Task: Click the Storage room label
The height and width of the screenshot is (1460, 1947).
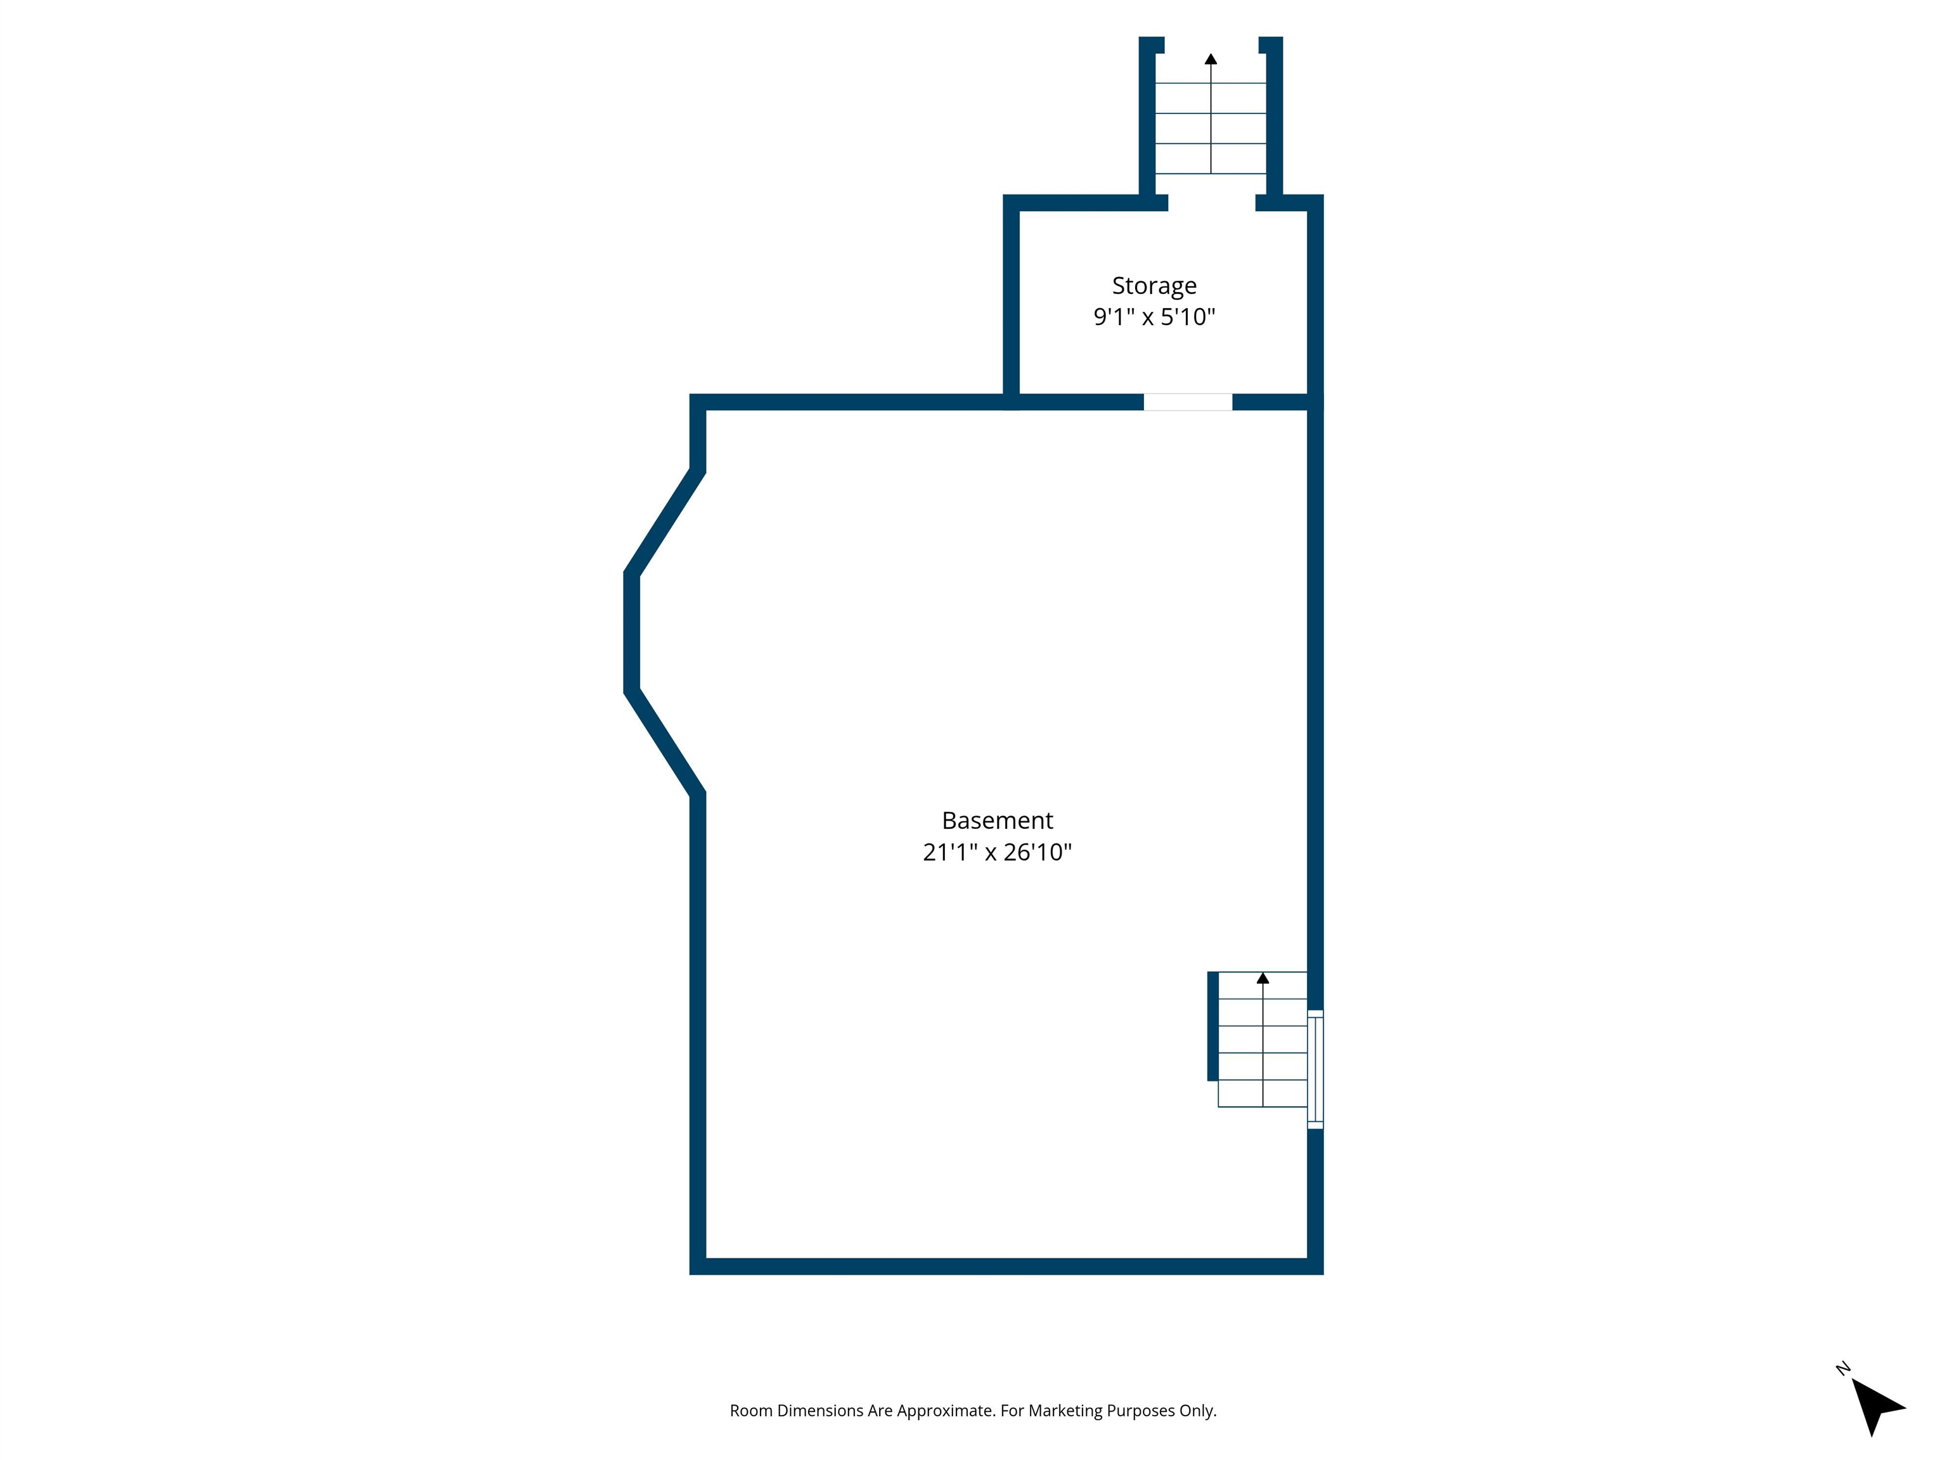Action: coord(1154,286)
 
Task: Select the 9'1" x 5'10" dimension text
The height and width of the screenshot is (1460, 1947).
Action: coord(1154,317)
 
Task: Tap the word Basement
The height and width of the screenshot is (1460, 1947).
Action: coord(997,820)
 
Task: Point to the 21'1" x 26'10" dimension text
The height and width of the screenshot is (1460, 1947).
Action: coord(997,852)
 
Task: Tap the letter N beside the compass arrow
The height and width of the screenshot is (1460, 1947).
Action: coord(1842,1369)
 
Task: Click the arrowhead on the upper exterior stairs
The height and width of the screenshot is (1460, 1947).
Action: coord(1211,59)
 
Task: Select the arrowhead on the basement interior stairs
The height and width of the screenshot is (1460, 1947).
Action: coord(1263,978)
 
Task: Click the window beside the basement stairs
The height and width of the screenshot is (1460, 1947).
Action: coord(1315,1069)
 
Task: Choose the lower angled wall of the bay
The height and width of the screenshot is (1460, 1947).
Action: coord(665,743)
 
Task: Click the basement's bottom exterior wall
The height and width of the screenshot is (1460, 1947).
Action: coord(1006,1266)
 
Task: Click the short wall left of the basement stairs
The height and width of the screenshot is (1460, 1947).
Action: coord(1212,1026)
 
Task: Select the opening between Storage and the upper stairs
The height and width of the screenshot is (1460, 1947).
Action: coord(1211,202)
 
